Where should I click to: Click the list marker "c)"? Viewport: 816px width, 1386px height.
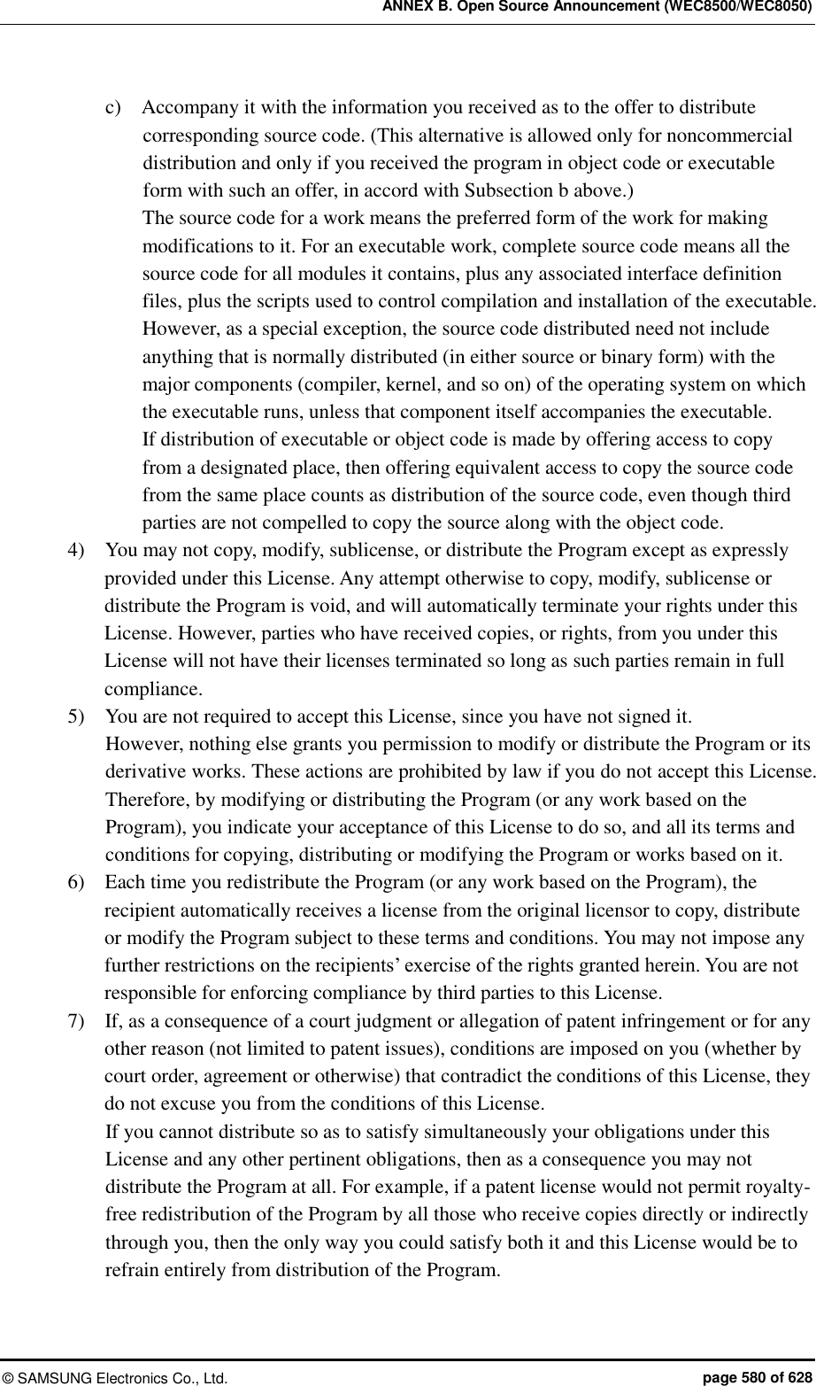113,108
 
